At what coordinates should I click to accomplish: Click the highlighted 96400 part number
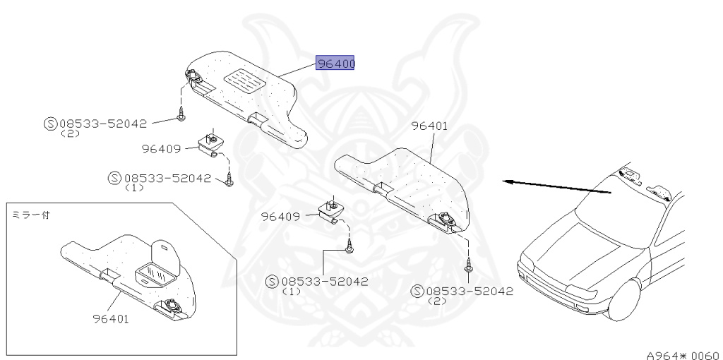(x=335, y=64)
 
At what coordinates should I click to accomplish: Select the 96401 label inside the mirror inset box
(x=110, y=318)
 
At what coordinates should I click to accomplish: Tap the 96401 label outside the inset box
(x=429, y=126)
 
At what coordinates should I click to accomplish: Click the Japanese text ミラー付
(x=29, y=212)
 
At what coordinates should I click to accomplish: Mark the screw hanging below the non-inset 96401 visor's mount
(x=467, y=266)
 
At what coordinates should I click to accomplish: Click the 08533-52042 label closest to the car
(x=469, y=291)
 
